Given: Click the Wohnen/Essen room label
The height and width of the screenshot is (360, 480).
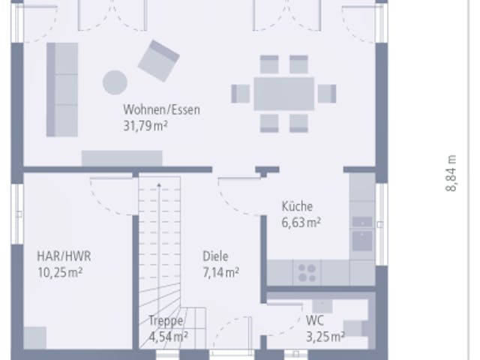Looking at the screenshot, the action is tap(162, 110).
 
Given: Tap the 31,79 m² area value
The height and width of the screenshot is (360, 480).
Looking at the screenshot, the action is tap(145, 126).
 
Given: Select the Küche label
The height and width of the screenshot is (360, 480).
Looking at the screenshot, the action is tap(297, 206).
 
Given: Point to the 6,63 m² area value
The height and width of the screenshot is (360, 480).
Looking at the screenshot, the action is tap(301, 222).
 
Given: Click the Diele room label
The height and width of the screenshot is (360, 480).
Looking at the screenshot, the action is tap(215, 256).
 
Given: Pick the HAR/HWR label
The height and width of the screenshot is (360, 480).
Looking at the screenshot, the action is tap(64, 256).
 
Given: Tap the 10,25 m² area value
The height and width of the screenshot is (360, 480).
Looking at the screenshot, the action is tap(60, 272).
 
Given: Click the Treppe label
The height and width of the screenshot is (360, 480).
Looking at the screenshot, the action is tap(166, 321).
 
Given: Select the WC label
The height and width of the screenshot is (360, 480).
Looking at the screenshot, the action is tap(315, 321).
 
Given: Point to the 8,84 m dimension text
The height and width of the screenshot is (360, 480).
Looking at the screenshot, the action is tap(451, 173).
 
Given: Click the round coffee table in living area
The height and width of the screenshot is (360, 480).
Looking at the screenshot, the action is tap(115, 82).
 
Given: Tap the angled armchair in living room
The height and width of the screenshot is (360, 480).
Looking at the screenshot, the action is tap(158, 61).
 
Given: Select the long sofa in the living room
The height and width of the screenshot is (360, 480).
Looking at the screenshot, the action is tap(62, 90).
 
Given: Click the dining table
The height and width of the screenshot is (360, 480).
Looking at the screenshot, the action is tap(283, 94).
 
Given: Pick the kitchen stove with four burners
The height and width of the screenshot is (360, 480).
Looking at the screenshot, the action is tap(307, 273).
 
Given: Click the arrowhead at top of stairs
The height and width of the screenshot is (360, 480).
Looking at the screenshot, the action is tap(159, 185).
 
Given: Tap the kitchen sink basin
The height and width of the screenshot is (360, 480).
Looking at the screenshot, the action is tap(362, 241).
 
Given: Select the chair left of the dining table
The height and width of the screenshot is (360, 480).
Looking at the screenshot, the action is tap(240, 94).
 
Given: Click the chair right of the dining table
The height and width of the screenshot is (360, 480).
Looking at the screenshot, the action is tap(327, 94).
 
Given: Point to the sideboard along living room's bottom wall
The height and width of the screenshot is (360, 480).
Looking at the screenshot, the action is tap(121, 158).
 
